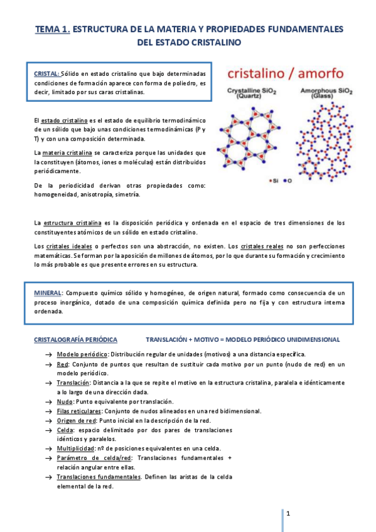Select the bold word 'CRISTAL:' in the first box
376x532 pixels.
(x=46, y=73)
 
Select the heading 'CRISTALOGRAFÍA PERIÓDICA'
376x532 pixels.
(x=75, y=339)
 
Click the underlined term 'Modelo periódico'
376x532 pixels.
(x=78, y=354)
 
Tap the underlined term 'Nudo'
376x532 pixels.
(x=63, y=402)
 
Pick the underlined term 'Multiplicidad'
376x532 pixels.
(x=75, y=449)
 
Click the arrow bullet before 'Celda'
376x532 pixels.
(x=48, y=430)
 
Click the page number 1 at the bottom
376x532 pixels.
(x=287, y=514)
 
